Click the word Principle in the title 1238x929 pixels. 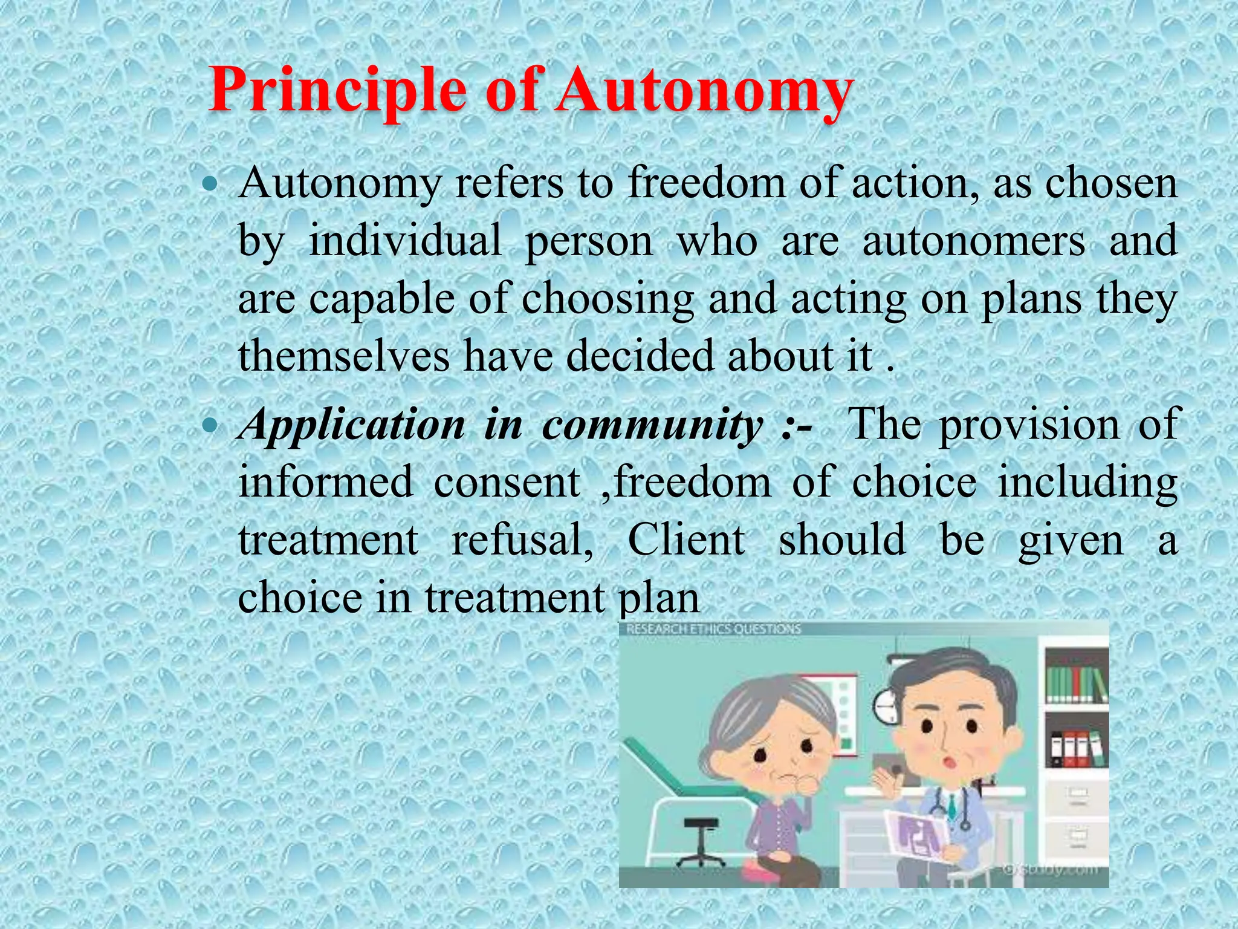coord(337,91)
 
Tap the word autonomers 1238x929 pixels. coord(974,241)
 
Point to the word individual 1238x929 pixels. coord(405,241)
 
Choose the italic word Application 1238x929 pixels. coord(352,425)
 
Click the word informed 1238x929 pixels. coord(326,483)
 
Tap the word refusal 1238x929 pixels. coord(522,539)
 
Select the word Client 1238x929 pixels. coord(686,539)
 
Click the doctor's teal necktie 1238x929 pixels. coord(953,804)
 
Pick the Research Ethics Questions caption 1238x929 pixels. coord(713,629)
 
